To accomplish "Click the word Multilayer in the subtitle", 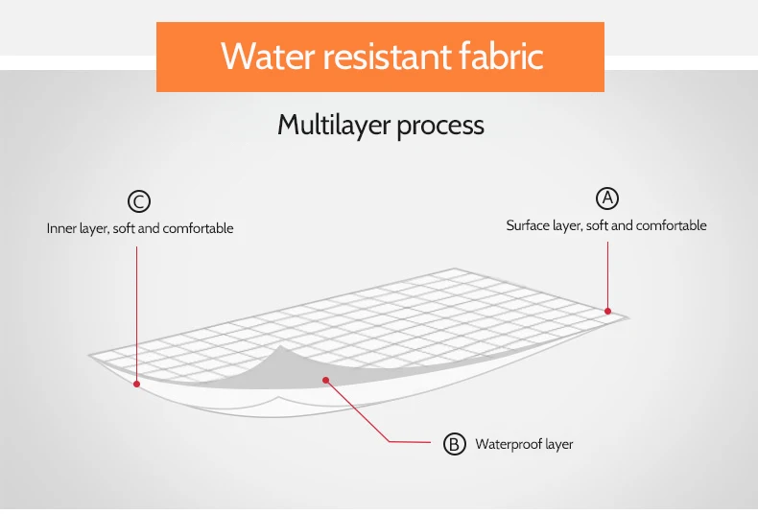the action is pos(326,126).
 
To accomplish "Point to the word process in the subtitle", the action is pos(437,127).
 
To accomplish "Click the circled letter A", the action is pos(607,198).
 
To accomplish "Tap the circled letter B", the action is pos(454,444).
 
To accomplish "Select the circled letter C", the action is pos(139,201).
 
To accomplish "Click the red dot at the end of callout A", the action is pos(607,310).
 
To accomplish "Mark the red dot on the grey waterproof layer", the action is pos(326,380).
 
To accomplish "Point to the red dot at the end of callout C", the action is pos(137,384).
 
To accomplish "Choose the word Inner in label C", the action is pos(61,229).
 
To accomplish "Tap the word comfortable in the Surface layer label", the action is pos(672,225).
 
